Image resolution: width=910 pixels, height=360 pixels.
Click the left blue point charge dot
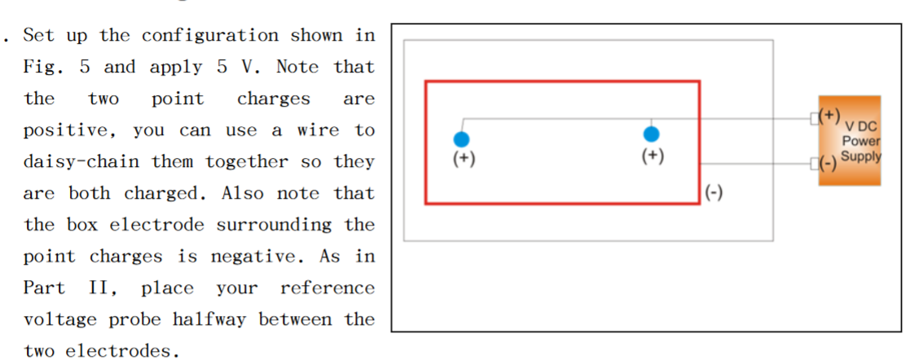click(x=462, y=139)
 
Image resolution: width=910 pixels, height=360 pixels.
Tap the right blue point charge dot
click(x=651, y=134)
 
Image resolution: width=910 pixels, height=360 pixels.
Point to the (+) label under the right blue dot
click(x=652, y=155)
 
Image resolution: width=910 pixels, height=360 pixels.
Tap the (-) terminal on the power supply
click(x=828, y=163)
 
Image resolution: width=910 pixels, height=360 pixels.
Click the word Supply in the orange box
click(x=860, y=156)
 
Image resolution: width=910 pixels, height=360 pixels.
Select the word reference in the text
click(x=328, y=288)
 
